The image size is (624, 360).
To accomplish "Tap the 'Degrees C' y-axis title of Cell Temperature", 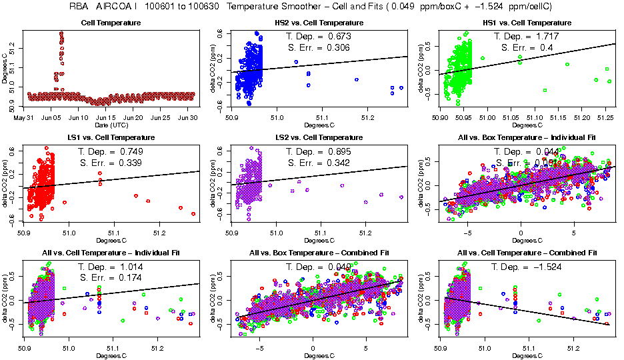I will point(5,67).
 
